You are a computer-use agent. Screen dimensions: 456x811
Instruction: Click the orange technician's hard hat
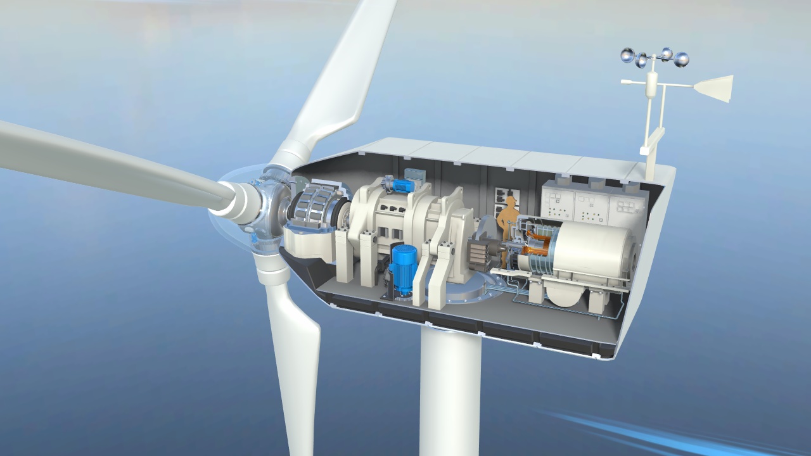point(509,201)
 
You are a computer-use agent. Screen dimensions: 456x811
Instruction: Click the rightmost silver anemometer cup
point(681,61)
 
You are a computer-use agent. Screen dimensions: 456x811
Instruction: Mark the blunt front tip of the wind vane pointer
point(624,82)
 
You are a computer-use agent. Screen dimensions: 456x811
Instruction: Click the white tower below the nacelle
point(450,393)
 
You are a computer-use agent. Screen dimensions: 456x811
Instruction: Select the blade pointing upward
point(336,82)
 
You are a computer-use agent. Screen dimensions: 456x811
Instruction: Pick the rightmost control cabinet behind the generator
point(627,206)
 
